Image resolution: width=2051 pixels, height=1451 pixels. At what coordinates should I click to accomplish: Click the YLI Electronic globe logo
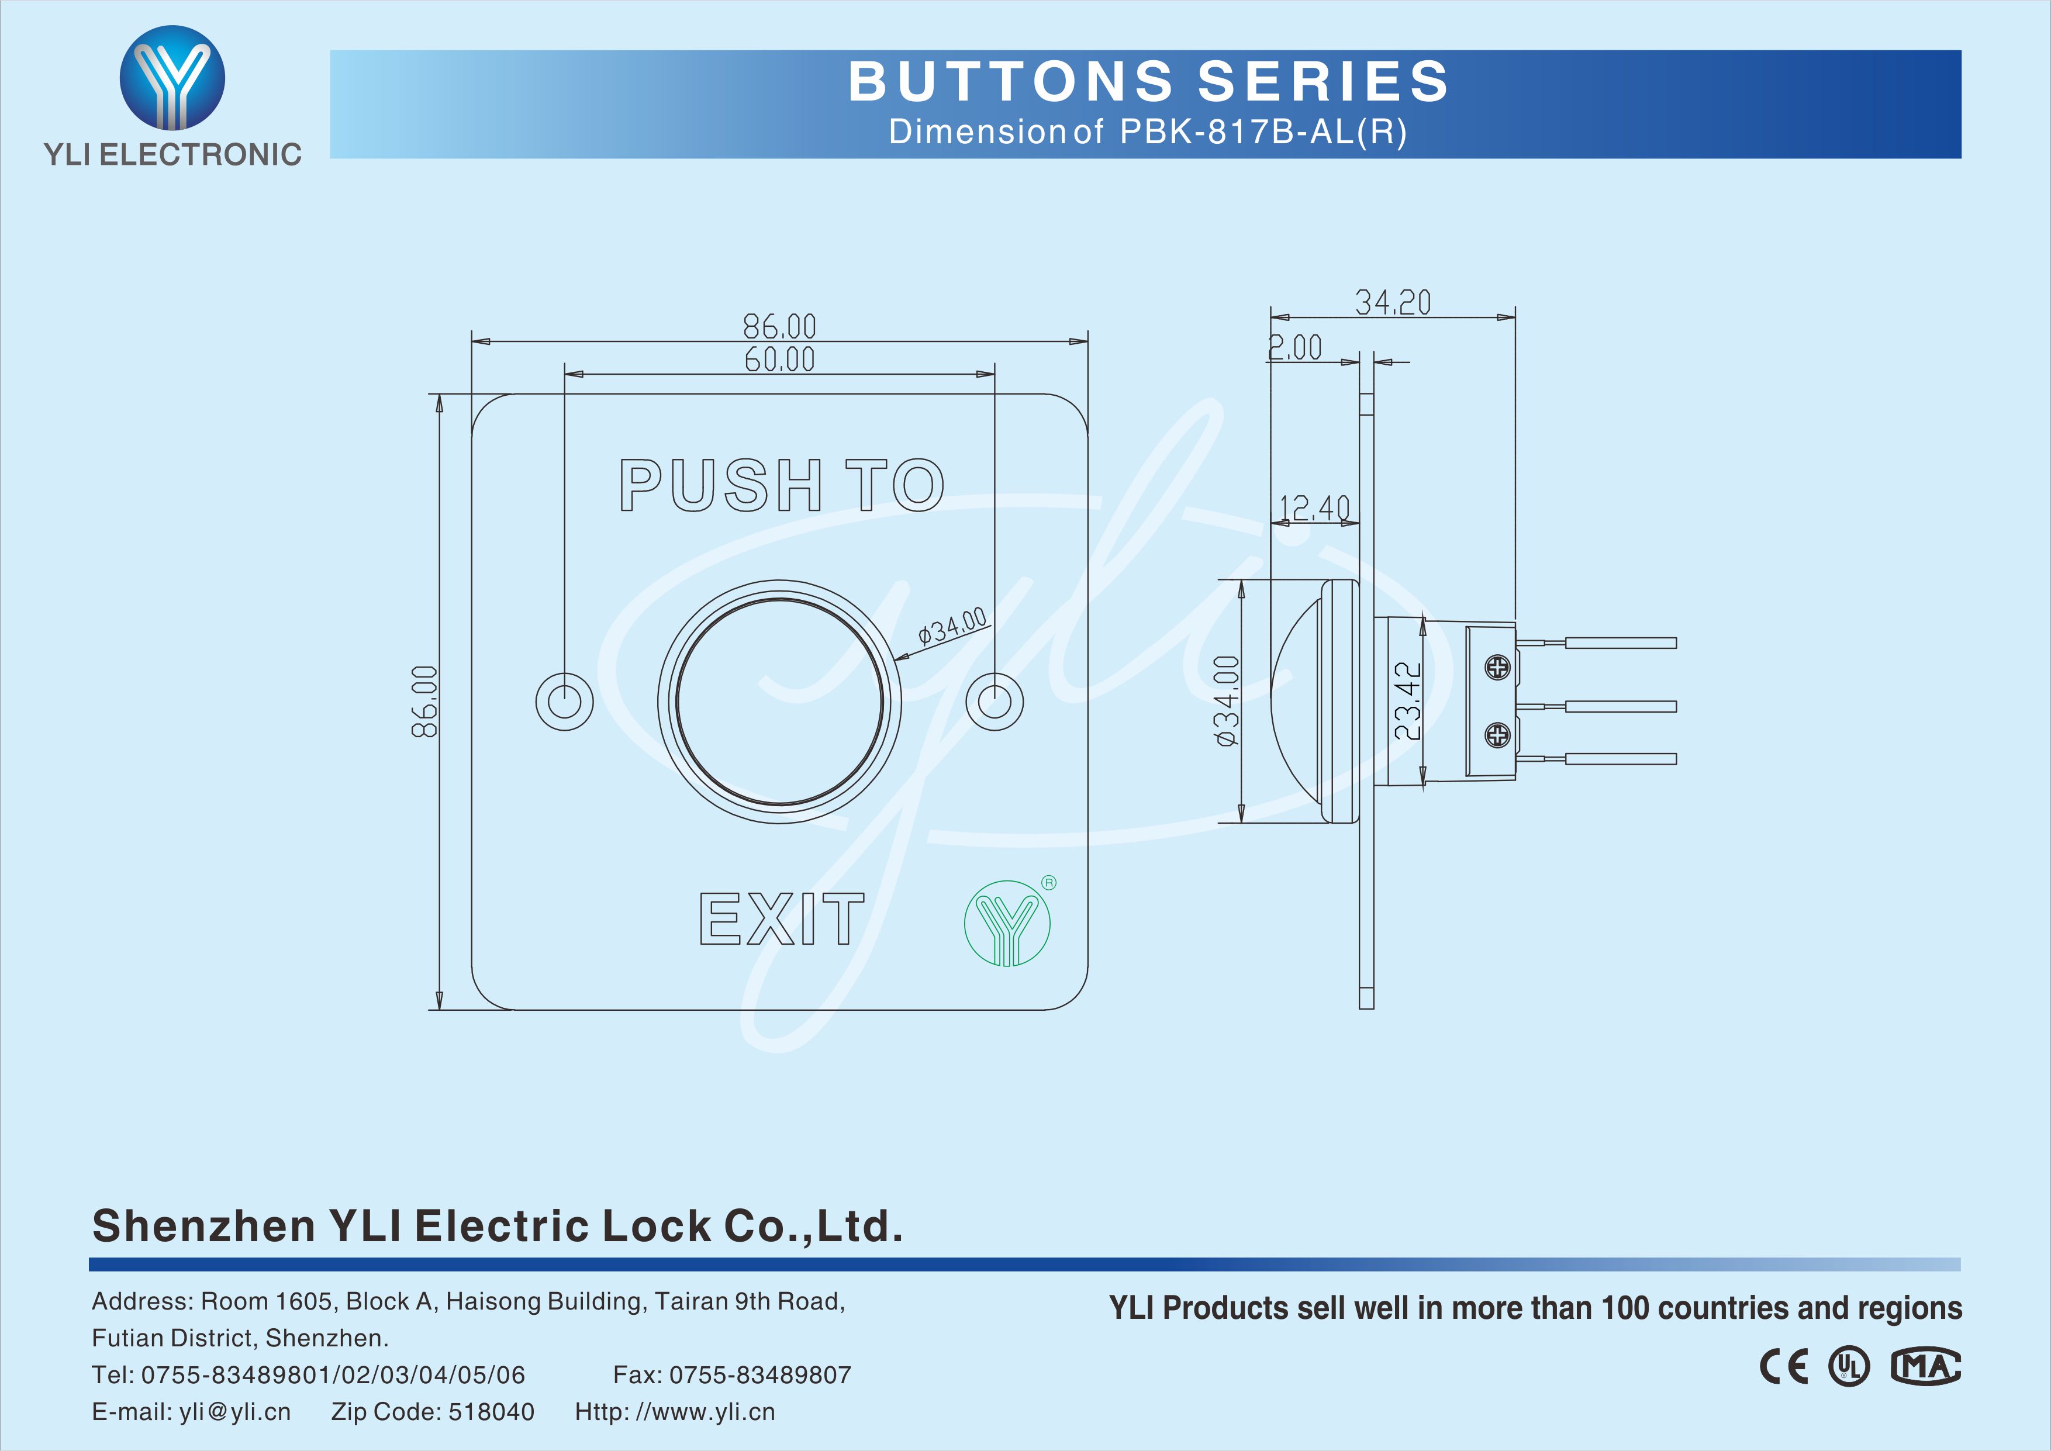(x=172, y=78)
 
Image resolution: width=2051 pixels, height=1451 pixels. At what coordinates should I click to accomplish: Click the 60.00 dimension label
(x=780, y=359)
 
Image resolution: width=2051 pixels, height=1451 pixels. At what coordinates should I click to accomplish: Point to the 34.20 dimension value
(x=1393, y=303)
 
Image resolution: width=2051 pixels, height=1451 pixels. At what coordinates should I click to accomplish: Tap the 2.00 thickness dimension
(x=1295, y=347)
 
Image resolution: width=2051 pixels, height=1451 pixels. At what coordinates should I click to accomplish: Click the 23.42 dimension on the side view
(x=1408, y=700)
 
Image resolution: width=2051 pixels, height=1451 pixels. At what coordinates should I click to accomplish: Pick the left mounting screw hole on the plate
(x=565, y=702)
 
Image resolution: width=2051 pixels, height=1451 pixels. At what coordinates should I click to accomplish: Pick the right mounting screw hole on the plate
(x=995, y=702)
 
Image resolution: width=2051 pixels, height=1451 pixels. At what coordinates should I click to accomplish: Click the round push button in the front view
(x=780, y=702)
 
